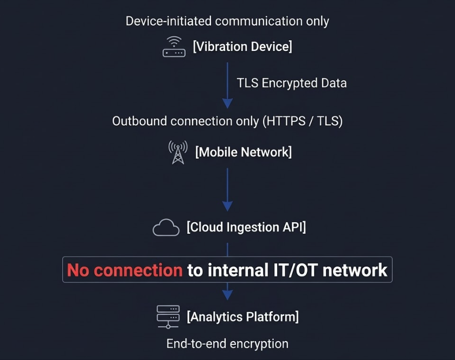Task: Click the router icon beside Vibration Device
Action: click(174, 47)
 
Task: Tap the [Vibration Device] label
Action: click(242, 47)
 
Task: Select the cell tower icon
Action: click(178, 152)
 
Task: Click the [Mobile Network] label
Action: click(243, 152)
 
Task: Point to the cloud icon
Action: click(166, 227)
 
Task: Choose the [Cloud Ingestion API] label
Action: click(246, 227)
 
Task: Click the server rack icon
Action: click(168, 317)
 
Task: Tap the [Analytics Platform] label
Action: click(242, 317)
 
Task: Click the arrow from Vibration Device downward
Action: click(228, 85)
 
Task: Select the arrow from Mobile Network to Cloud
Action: click(228, 190)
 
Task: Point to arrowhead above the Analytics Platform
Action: click(228, 294)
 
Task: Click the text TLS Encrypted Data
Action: click(292, 83)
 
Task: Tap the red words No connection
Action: click(125, 270)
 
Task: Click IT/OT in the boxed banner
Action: click(296, 270)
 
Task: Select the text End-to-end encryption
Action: click(228, 344)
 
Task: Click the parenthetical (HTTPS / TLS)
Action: click(303, 121)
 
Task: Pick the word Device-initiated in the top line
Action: click(169, 21)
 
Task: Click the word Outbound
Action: click(139, 121)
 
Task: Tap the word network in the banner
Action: click(355, 270)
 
